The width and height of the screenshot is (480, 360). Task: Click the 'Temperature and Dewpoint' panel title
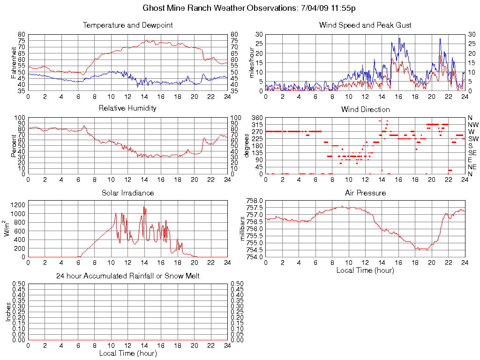pos(127,25)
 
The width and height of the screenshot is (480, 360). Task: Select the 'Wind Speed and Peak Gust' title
pos(365,25)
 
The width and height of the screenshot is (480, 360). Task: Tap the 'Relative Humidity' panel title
pos(127,108)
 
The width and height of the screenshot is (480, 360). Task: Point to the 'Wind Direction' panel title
pos(365,110)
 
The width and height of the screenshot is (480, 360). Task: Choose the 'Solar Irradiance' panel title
pos(127,193)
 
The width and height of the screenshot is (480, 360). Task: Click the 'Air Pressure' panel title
pos(365,193)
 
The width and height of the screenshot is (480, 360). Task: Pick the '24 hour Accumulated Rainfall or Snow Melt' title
pos(127,276)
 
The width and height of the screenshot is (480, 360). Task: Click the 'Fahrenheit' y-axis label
pos(14,62)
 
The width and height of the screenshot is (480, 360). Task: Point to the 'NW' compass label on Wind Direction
pos(473,125)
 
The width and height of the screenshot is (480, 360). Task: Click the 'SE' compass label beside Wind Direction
pos(473,153)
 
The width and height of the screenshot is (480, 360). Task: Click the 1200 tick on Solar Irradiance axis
pos(19,205)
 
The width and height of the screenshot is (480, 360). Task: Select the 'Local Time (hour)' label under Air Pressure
pos(365,270)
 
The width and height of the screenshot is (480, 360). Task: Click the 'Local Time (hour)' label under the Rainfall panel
pos(127,353)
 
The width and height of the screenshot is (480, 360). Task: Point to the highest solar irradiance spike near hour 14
pos(144,207)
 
